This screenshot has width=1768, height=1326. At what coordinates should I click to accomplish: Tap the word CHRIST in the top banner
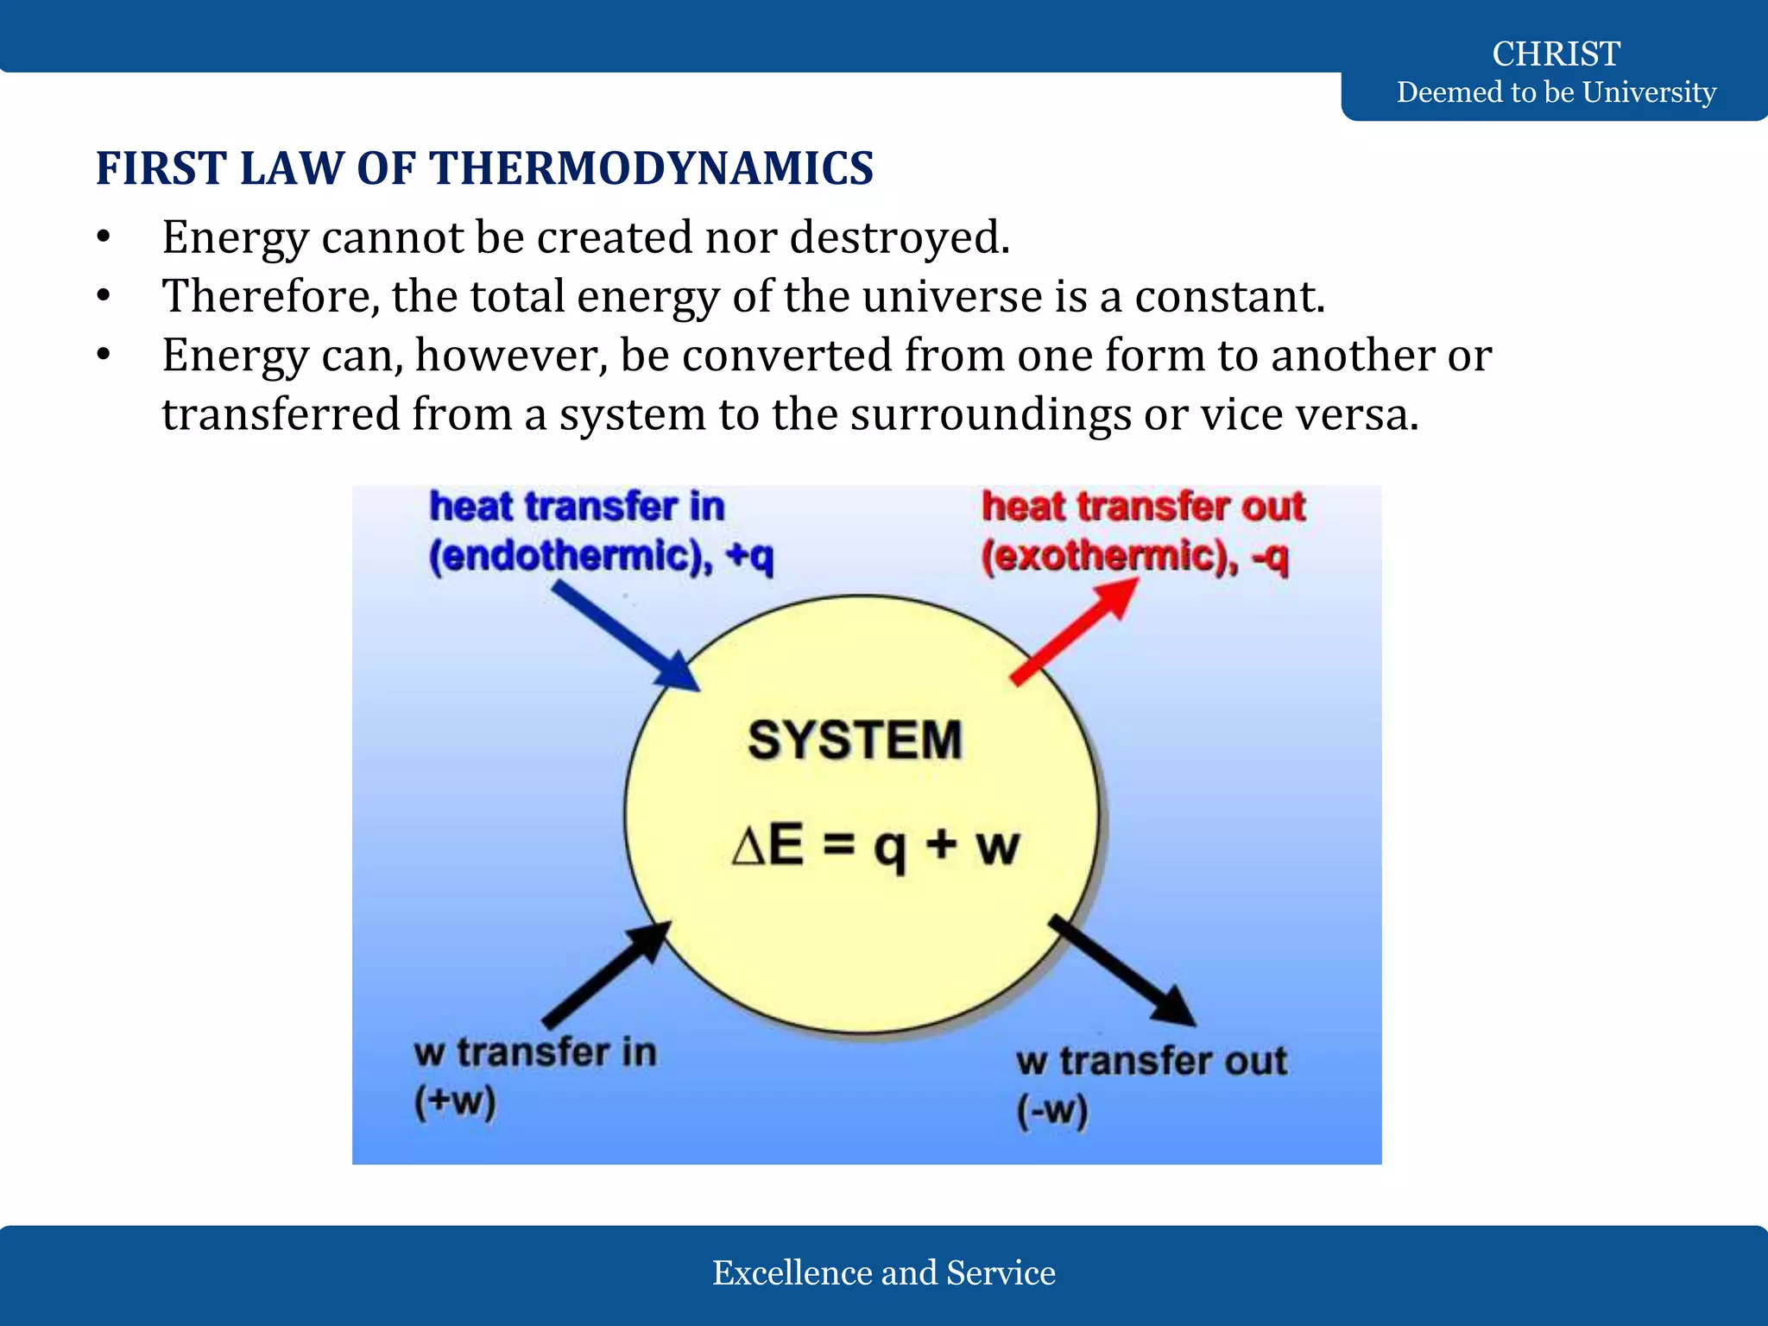[x=1556, y=54]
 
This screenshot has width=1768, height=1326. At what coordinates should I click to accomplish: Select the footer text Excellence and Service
[x=883, y=1272]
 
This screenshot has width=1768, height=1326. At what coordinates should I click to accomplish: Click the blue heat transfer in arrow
[x=625, y=635]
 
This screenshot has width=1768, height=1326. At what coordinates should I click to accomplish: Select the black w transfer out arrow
[x=1122, y=971]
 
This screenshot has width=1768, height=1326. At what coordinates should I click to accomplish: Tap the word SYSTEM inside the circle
[x=855, y=740]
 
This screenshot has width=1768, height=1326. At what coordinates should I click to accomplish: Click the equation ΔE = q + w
[x=875, y=845]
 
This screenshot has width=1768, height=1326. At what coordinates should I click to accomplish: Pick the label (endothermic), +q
[x=601, y=555]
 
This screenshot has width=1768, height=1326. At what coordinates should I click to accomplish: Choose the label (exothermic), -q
[x=1134, y=555]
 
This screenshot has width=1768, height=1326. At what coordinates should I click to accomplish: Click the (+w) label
[x=455, y=1102]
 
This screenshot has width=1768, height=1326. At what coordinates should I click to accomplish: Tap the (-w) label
[x=1051, y=1110]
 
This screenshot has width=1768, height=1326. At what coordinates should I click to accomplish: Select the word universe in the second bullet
[x=951, y=296]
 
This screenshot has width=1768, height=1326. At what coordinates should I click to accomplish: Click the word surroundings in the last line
[x=990, y=414]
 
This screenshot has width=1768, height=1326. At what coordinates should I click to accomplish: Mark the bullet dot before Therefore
[x=104, y=296]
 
